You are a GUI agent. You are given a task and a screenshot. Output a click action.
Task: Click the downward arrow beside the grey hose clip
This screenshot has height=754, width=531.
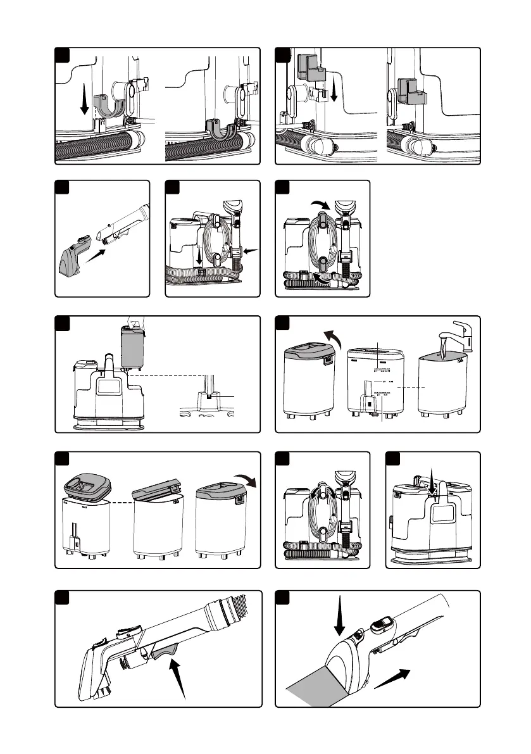85,101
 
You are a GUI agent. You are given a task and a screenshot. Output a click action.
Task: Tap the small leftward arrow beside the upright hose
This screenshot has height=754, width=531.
251,251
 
